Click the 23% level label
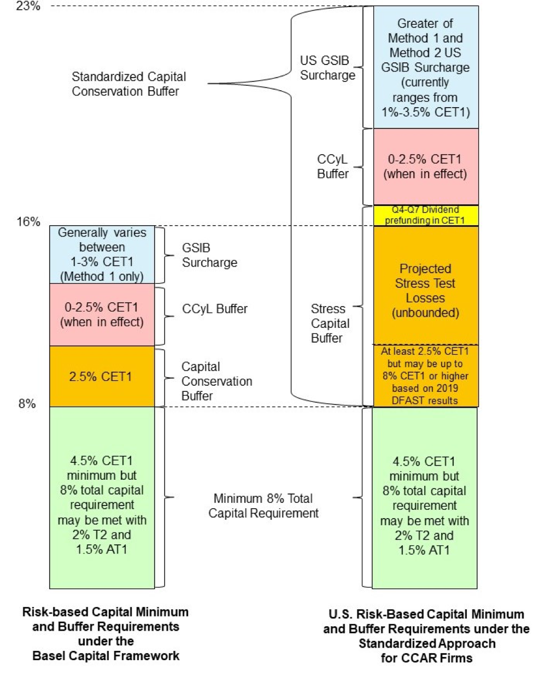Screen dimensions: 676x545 click(28, 7)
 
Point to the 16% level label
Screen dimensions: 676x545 click(28, 221)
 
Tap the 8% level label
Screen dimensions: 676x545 click(27, 404)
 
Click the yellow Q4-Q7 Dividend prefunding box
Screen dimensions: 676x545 click(425, 215)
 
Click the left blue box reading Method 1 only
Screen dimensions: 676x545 click(102, 255)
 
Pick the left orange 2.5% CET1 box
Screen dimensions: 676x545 click(102, 377)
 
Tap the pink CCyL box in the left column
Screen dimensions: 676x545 click(102, 315)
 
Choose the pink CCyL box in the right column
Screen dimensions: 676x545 click(425, 167)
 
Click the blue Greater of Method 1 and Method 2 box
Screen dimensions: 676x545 click(425, 67)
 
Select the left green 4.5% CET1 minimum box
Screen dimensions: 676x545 click(102, 497)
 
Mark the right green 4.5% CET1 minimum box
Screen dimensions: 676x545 click(424, 498)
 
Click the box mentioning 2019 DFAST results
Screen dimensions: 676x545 click(425, 375)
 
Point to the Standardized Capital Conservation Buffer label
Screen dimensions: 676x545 click(128, 84)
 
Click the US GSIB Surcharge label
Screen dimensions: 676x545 click(327, 68)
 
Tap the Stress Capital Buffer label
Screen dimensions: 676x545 click(330, 323)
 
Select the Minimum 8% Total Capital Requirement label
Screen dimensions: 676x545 click(263, 505)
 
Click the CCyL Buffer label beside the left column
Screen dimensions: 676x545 click(214, 309)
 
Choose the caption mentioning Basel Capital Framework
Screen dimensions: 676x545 click(106, 633)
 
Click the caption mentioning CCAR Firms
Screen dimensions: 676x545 click(426, 636)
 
